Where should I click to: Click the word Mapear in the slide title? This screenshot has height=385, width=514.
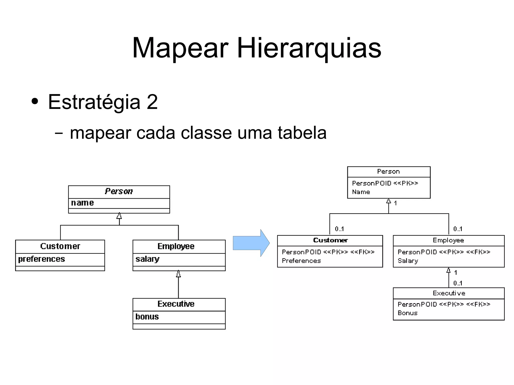coord(180,48)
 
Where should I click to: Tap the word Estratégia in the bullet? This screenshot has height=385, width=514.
coord(94,102)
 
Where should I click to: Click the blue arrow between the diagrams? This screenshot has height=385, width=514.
coord(251,243)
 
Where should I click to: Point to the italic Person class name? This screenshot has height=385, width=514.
coord(119,191)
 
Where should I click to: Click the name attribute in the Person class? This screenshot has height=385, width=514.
coord(82,203)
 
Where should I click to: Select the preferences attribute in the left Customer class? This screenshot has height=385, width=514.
coord(41,259)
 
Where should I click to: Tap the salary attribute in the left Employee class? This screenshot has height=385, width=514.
coord(147,259)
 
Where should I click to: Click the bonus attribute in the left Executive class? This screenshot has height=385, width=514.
coord(147,317)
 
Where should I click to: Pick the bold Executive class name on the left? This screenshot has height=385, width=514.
coord(176,304)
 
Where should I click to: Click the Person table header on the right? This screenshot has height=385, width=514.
coord(388,172)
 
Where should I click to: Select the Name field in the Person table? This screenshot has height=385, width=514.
coord(361,192)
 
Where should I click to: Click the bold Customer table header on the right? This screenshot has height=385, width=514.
coord(330,240)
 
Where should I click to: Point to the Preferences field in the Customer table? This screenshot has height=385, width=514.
coord(301,261)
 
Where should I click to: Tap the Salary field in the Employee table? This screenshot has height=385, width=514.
coord(408,261)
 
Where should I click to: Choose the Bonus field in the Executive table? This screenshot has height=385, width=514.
coord(408,313)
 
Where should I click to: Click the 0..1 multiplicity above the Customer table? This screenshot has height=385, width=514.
coord(339,229)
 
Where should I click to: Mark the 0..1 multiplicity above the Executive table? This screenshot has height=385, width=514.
coord(458,283)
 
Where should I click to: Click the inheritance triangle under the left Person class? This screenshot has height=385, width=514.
coord(119,216)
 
